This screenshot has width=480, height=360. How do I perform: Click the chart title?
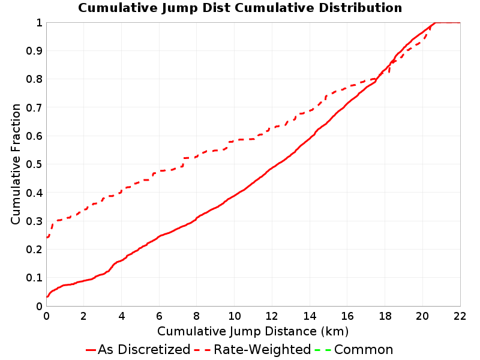click(x=240, y=8)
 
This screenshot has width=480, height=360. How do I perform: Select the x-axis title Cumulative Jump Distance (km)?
click(x=253, y=331)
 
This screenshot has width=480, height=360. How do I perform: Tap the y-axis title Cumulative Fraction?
click(x=16, y=164)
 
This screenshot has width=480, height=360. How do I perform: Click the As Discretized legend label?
click(x=144, y=349)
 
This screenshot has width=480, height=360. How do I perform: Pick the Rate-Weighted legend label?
click(x=262, y=349)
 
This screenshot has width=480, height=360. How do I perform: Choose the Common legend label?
click(x=364, y=349)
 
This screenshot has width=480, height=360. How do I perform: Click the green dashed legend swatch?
click(x=323, y=350)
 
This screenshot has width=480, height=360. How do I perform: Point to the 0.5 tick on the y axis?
click(x=34, y=164)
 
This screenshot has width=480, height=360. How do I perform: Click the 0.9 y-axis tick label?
click(x=34, y=51)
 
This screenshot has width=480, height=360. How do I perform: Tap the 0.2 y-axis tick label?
click(x=34, y=250)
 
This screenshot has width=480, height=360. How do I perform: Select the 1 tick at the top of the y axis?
click(x=39, y=23)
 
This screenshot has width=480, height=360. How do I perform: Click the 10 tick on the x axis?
click(x=234, y=316)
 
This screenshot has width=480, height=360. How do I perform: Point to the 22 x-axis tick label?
click(x=460, y=316)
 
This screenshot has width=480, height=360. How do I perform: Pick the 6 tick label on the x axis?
click(x=159, y=316)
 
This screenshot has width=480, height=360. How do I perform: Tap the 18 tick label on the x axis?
click(x=385, y=316)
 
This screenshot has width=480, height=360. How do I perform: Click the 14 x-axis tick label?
click(x=310, y=316)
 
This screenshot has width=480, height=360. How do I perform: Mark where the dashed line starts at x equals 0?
click(x=47, y=237)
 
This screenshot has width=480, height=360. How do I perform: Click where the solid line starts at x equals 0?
click(x=47, y=296)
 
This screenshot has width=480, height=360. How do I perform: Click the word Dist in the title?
click(x=216, y=8)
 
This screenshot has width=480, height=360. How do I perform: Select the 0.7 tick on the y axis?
click(x=34, y=108)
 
